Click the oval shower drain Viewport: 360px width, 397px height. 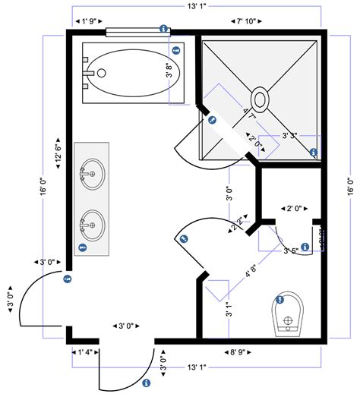point(260,99)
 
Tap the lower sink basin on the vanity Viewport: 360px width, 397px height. point(92,223)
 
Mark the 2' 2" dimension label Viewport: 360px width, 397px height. point(240,223)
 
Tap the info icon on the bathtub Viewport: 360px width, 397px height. point(176,52)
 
